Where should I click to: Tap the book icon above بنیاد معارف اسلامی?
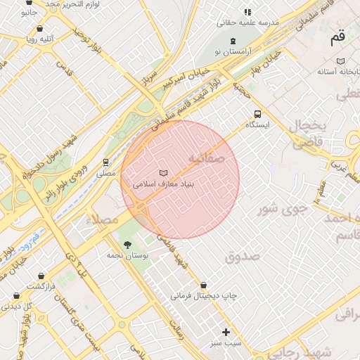click(x=164, y=172)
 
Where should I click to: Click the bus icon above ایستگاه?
click(x=258, y=113)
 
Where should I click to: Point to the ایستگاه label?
click(x=258, y=124)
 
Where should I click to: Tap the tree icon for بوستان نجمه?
click(x=127, y=245)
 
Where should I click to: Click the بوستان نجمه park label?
click(x=127, y=257)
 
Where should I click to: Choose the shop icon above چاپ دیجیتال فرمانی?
click(x=203, y=285)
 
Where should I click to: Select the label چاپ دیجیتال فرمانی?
click(x=203, y=297)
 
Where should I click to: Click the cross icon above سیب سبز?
click(x=226, y=332)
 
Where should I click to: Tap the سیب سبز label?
click(x=226, y=343)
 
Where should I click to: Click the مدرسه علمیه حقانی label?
click(x=247, y=22)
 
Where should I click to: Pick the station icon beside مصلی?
click(x=106, y=162)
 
